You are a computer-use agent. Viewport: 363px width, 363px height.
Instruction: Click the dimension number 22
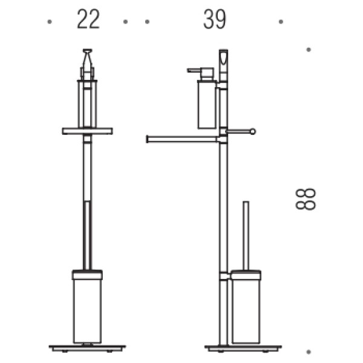[x=88, y=19]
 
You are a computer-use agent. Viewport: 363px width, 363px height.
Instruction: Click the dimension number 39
[x=214, y=19]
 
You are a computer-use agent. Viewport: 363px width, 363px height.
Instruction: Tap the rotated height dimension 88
[x=306, y=199]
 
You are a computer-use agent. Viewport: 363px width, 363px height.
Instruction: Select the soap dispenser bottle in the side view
[x=207, y=104]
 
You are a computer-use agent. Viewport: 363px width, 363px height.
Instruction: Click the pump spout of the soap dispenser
[x=194, y=70]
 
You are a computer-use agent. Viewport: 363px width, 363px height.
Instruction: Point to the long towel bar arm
[x=183, y=139]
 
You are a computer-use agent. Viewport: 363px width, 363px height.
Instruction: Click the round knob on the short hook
[x=253, y=131]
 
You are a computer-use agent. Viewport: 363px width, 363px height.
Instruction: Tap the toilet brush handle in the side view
[x=246, y=236]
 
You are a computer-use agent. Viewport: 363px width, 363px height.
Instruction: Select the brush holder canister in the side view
[x=246, y=311]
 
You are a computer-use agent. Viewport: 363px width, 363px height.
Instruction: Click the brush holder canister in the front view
[x=87, y=311]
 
